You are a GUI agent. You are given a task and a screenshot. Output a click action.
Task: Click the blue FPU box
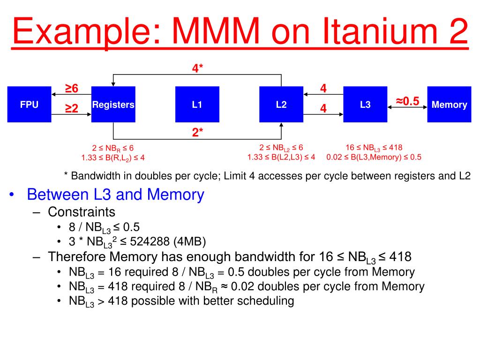(29, 105)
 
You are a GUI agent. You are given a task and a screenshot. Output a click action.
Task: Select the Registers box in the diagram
(113, 105)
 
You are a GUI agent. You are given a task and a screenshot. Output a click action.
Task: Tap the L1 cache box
(197, 105)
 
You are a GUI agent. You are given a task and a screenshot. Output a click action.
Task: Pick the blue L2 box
(281, 105)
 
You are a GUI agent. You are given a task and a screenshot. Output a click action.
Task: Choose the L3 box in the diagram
(365, 105)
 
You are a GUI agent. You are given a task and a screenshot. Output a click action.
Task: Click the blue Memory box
(449, 105)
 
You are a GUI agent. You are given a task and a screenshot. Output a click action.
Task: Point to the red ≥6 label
(71, 89)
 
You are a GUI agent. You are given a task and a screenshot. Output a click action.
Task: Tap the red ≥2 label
(71, 109)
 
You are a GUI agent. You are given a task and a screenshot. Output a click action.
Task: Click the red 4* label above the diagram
(197, 68)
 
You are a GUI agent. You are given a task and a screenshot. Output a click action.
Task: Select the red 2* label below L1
(197, 133)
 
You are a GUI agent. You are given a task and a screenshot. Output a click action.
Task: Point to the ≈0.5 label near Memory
(407, 101)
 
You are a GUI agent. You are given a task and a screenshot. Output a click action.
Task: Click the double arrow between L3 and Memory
(407, 108)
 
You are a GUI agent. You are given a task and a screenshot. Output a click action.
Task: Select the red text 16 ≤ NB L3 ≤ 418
(374, 147)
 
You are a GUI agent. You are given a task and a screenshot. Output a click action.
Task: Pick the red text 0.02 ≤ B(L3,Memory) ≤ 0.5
(374, 157)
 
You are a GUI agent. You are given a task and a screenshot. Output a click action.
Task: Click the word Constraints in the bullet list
(82, 211)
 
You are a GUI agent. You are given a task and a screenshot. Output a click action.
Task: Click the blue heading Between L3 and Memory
(115, 195)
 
